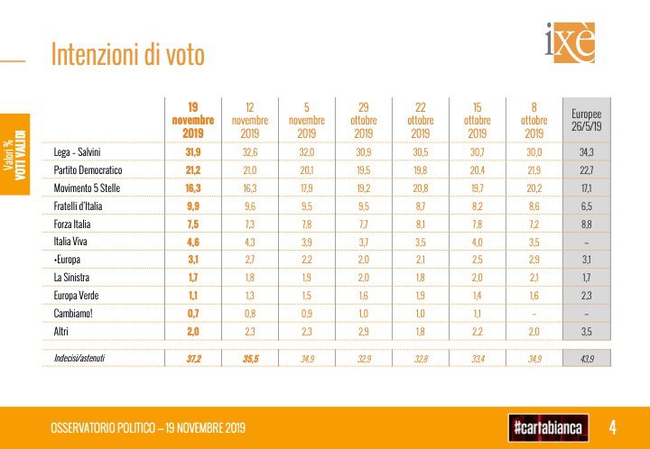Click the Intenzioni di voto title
(x=127, y=55)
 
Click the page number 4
(x=612, y=426)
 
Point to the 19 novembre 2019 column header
(x=192, y=120)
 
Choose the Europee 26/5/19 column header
(x=586, y=120)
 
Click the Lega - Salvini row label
(x=78, y=152)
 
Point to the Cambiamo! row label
(x=74, y=313)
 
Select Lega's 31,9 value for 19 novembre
(x=192, y=152)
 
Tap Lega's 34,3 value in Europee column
(x=586, y=152)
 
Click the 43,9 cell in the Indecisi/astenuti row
(x=586, y=358)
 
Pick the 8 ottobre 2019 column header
(x=534, y=120)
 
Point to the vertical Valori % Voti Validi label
(x=15, y=149)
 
